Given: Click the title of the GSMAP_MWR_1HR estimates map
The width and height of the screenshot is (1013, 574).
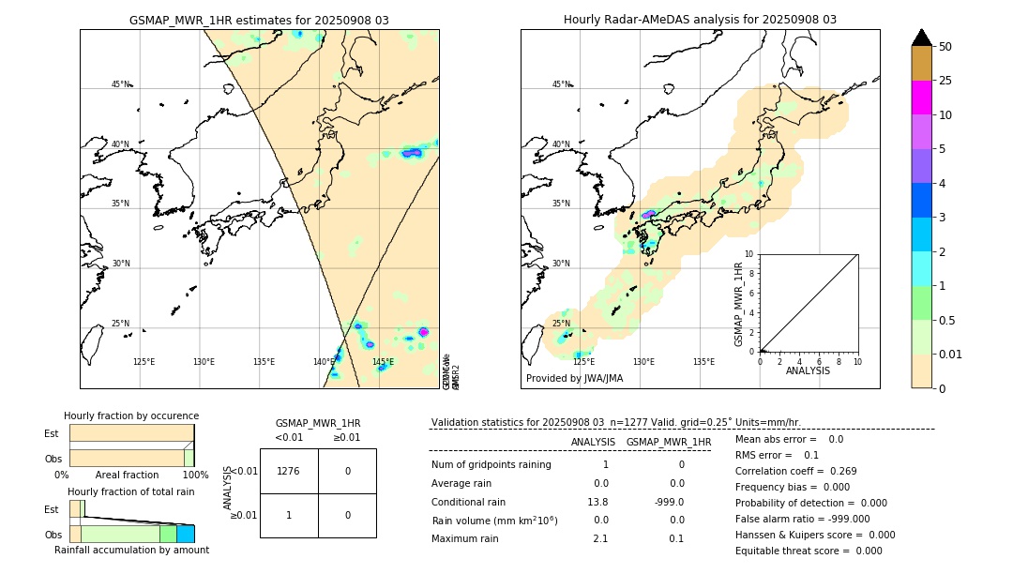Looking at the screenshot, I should (x=259, y=20).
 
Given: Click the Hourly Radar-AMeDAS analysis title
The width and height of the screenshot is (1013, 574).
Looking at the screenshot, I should (x=700, y=20).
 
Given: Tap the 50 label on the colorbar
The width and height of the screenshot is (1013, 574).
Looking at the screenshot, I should (x=945, y=46).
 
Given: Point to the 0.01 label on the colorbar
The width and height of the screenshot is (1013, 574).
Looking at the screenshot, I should (x=951, y=354).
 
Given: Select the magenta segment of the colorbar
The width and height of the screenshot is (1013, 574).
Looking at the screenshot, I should (x=921, y=98).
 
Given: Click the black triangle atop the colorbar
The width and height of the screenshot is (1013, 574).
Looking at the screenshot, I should (x=921, y=38).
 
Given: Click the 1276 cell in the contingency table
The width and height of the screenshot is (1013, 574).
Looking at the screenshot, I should (x=289, y=471).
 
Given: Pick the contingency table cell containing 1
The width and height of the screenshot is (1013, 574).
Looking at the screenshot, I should (x=289, y=515).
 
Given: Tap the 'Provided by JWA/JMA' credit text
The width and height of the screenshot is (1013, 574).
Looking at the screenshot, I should (x=574, y=379).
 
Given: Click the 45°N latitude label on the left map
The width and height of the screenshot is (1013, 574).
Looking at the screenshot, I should (x=121, y=84).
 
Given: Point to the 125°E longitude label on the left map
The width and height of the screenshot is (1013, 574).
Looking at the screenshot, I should (x=144, y=362).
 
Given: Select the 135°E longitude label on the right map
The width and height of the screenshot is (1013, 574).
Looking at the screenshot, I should (x=703, y=362).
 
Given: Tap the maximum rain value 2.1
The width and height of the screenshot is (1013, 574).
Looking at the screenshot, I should (x=600, y=538).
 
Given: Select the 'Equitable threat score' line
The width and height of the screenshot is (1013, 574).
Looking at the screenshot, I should (x=809, y=551).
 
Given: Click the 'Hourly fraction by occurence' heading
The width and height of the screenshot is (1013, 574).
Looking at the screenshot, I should (x=131, y=415).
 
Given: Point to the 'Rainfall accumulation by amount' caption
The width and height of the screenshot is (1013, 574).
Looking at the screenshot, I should (x=131, y=550).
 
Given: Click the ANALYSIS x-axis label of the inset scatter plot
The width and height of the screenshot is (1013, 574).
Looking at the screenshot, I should (x=809, y=370).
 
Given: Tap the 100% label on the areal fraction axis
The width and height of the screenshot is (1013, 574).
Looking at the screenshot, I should (x=194, y=475).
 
